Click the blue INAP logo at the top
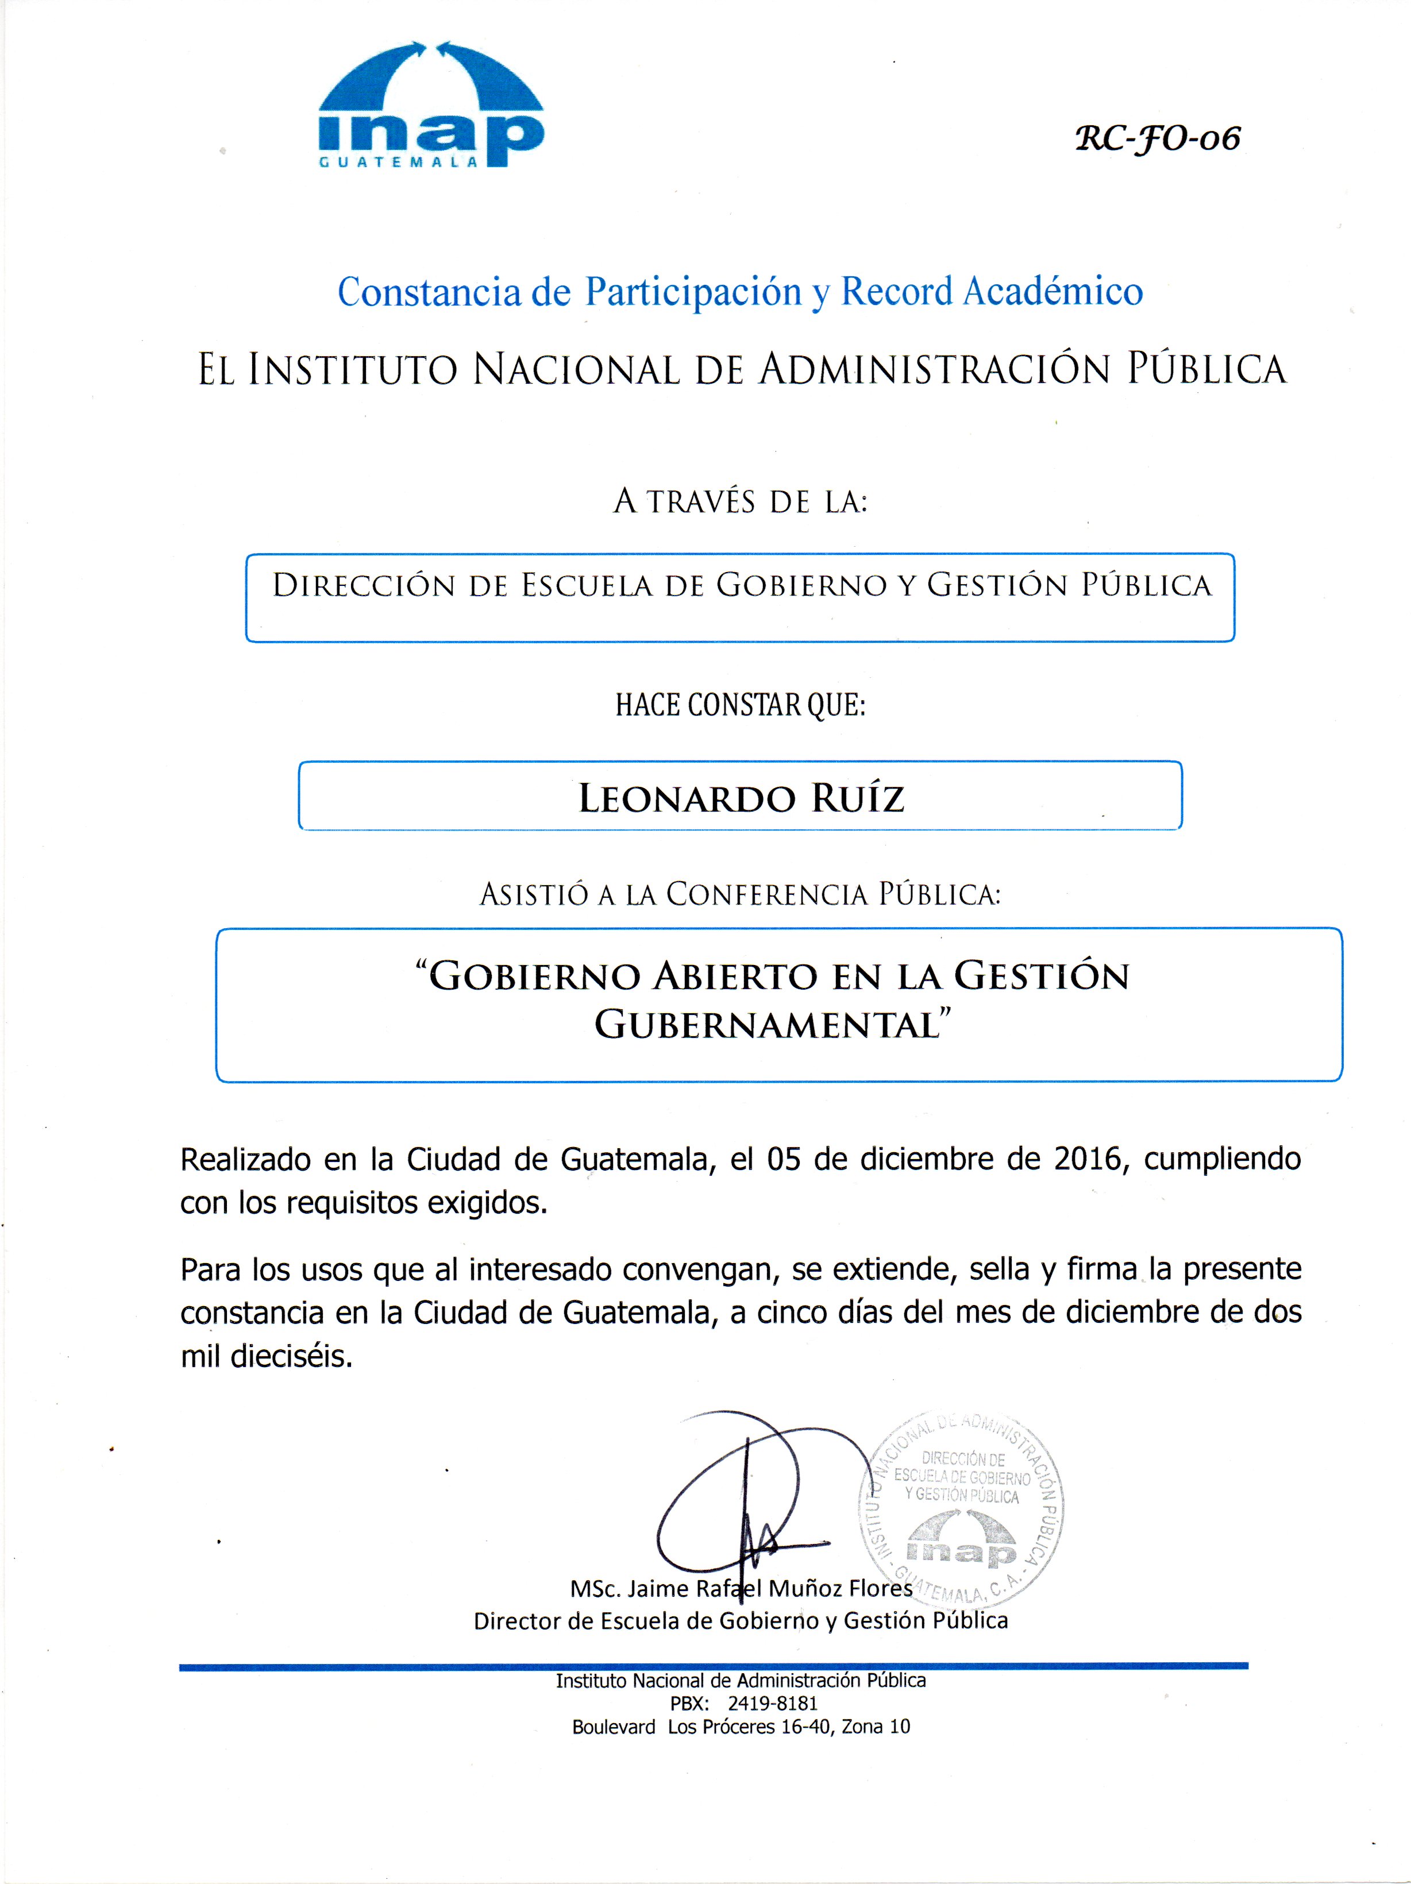click(x=431, y=106)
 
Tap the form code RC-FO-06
click(x=1157, y=138)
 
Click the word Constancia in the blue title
click(x=429, y=292)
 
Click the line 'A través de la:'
click(x=739, y=501)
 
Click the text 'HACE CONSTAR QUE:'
click(x=739, y=705)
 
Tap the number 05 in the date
click(x=784, y=1159)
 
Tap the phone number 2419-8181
click(x=772, y=1704)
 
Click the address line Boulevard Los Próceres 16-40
click(x=741, y=1727)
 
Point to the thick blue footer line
click(x=713, y=1665)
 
